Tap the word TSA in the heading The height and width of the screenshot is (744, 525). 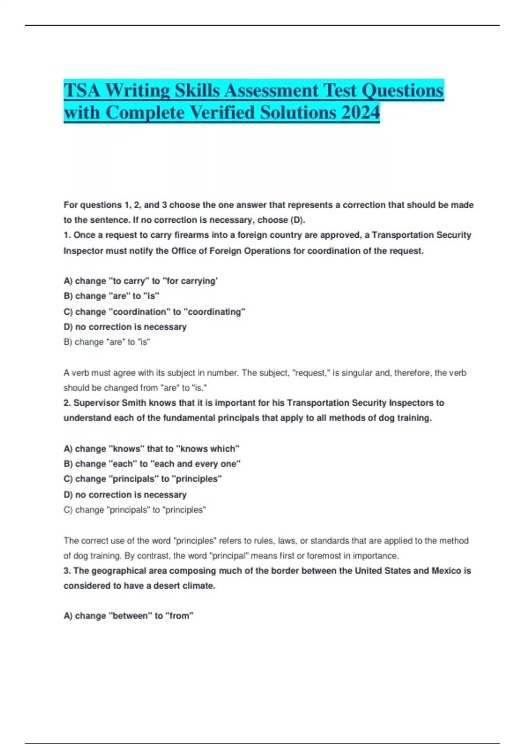click(x=82, y=91)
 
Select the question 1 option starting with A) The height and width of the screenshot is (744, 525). click(x=140, y=281)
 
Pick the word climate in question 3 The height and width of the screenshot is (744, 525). click(x=200, y=586)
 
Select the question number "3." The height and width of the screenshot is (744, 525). click(x=67, y=571)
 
